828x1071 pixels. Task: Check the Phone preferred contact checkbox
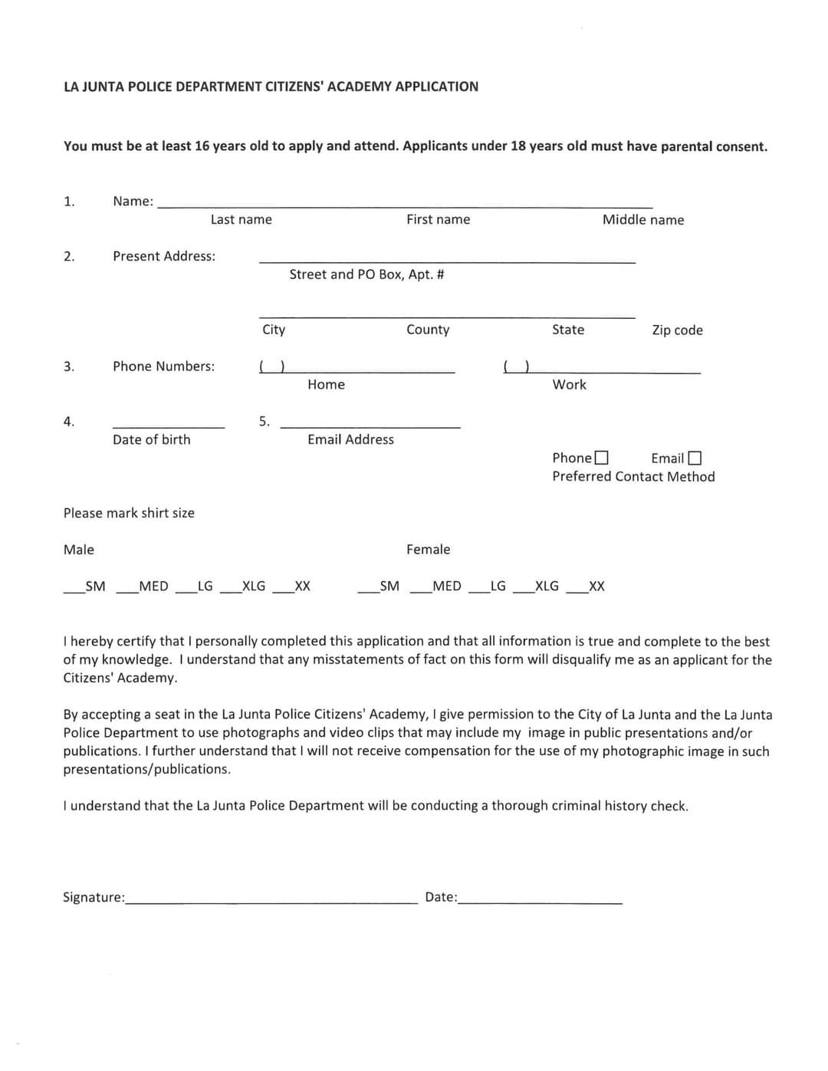(602, 458)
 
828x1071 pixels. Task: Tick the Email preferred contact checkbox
(695, 458)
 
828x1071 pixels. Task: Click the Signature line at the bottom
(272, 899)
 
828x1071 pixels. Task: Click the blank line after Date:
(540, 899)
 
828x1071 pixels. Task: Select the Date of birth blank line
(169, 423)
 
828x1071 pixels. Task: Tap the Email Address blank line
(370, 423)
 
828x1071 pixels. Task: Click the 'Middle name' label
(642, 220)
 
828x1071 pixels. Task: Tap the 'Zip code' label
(677, 330)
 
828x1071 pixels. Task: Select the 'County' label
(428, 330)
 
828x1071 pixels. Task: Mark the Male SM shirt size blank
(74, 589)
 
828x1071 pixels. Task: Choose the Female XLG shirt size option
(524, 589)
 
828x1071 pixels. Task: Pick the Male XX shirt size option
(284, 589)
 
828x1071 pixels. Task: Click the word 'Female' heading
(428, 550)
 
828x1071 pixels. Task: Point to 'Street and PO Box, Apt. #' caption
(366, 274)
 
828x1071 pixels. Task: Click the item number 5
(264, 421)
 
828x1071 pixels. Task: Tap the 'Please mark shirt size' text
(129, 513)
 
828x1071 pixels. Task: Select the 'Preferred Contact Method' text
(633, 477)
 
